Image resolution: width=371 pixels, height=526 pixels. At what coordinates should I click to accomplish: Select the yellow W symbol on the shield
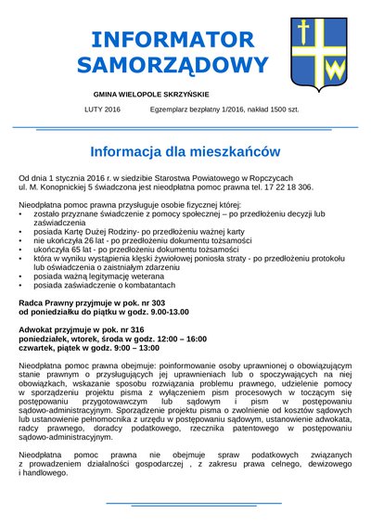[331, 67]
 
